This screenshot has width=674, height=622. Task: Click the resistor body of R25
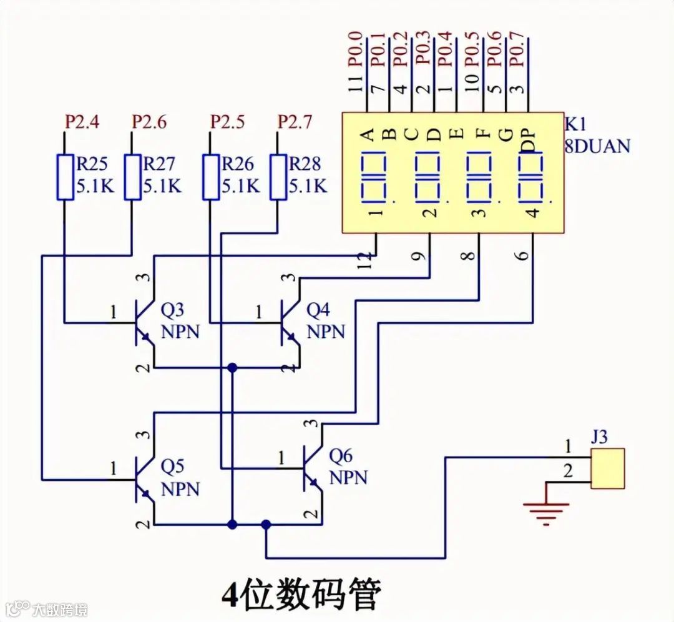[65, 177]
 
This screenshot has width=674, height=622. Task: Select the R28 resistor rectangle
[278, 177]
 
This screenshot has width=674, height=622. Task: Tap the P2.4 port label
[82, 122]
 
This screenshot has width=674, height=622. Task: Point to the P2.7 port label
[295, 122]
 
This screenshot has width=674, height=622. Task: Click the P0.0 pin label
[356, 49]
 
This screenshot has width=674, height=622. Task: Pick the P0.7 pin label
[518, 49]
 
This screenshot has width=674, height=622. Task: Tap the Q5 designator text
[172, 466]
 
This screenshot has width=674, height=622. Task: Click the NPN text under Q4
[326, 332]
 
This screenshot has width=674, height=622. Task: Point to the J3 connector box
[607, 468]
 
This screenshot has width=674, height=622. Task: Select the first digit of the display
[374, 177]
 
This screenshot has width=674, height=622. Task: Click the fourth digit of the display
[530, 177]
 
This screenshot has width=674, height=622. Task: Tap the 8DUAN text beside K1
[597, 146]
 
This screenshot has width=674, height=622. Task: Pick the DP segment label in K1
[529, 141]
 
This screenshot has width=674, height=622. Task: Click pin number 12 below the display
[364, 261]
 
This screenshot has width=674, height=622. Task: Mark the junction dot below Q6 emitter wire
[266, 525]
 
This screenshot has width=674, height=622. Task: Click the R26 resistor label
[238, 164]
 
